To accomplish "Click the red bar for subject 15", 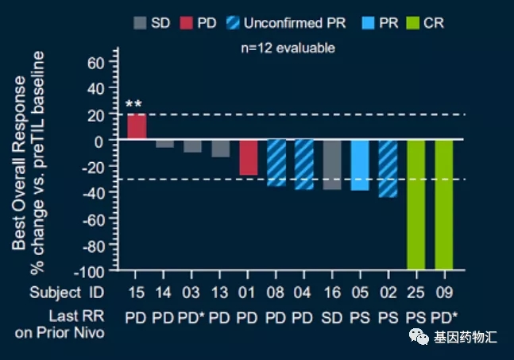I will pos(137,127).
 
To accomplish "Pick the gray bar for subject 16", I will pos(331,165).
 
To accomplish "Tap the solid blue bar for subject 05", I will pos(360,165).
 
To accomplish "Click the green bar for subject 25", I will pos(416,204).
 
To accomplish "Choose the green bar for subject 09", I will pos(444,204).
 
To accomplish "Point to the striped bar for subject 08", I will pos(276,163).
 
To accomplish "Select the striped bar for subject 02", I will pos(388,168).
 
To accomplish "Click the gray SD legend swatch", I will pos(140,24).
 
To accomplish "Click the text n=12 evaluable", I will pos(288,48).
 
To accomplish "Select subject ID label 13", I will pos(220,292).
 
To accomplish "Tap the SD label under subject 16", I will pos(332,317).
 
